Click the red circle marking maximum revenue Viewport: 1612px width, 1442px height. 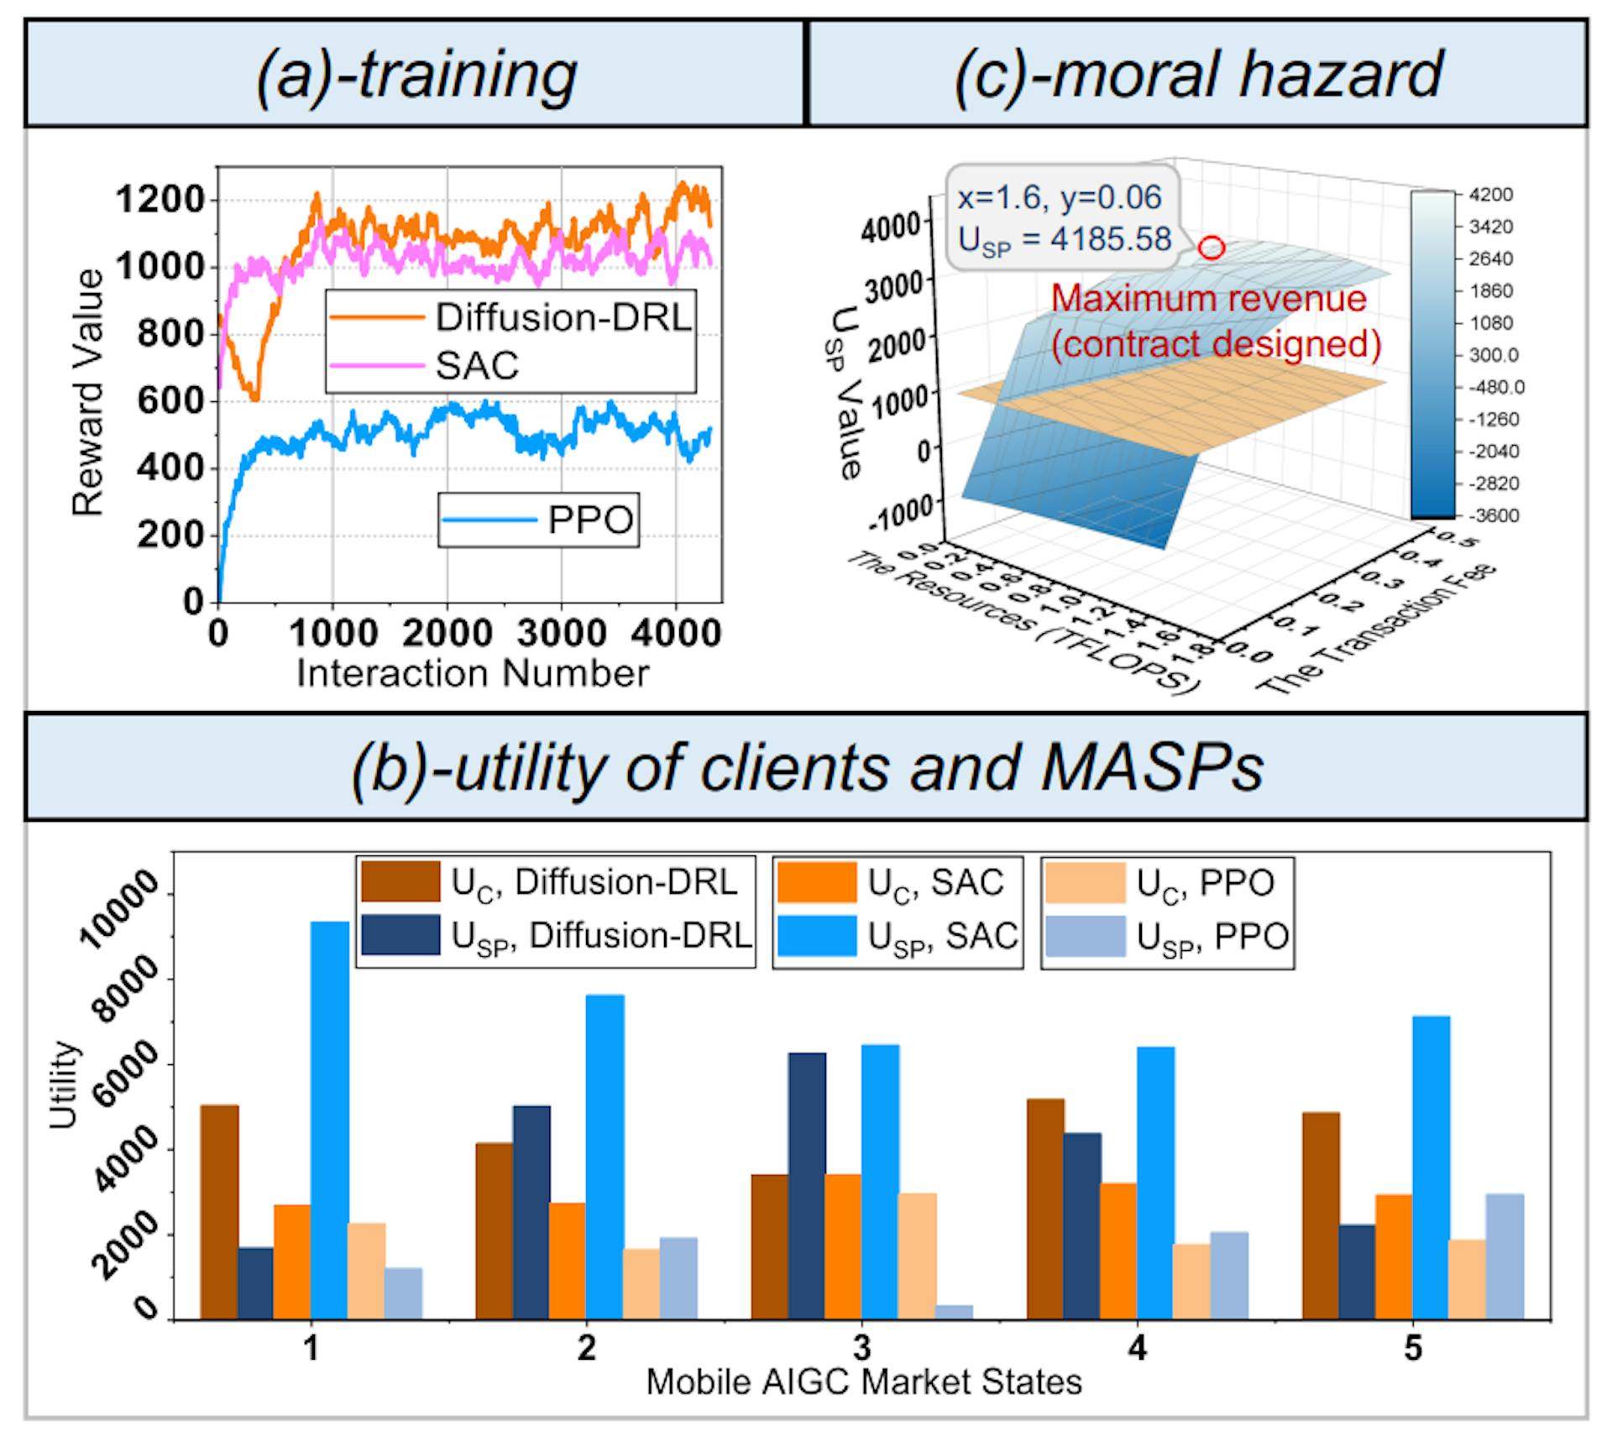click(1212, 248)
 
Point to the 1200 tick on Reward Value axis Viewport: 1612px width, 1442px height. click(160, 200)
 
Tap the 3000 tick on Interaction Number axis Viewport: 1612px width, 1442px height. click(561, 632)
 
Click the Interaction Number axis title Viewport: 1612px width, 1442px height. click(472, 673)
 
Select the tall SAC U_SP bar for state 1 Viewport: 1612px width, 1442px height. click(330, 1120)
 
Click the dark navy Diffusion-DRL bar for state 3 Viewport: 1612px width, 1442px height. click(807, 1186)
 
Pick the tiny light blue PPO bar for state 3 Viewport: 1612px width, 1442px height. click(955, 1312)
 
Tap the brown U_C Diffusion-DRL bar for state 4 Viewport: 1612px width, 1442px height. click(1045, 1209)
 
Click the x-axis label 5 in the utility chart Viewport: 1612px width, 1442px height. click(1413, 1348)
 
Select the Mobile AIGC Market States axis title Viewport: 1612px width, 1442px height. click(863, 1381)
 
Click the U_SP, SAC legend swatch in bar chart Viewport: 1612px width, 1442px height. click(816, 936)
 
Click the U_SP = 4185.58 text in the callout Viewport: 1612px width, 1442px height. click(1065, 240)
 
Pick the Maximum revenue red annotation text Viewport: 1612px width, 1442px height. click(1209, 299)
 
